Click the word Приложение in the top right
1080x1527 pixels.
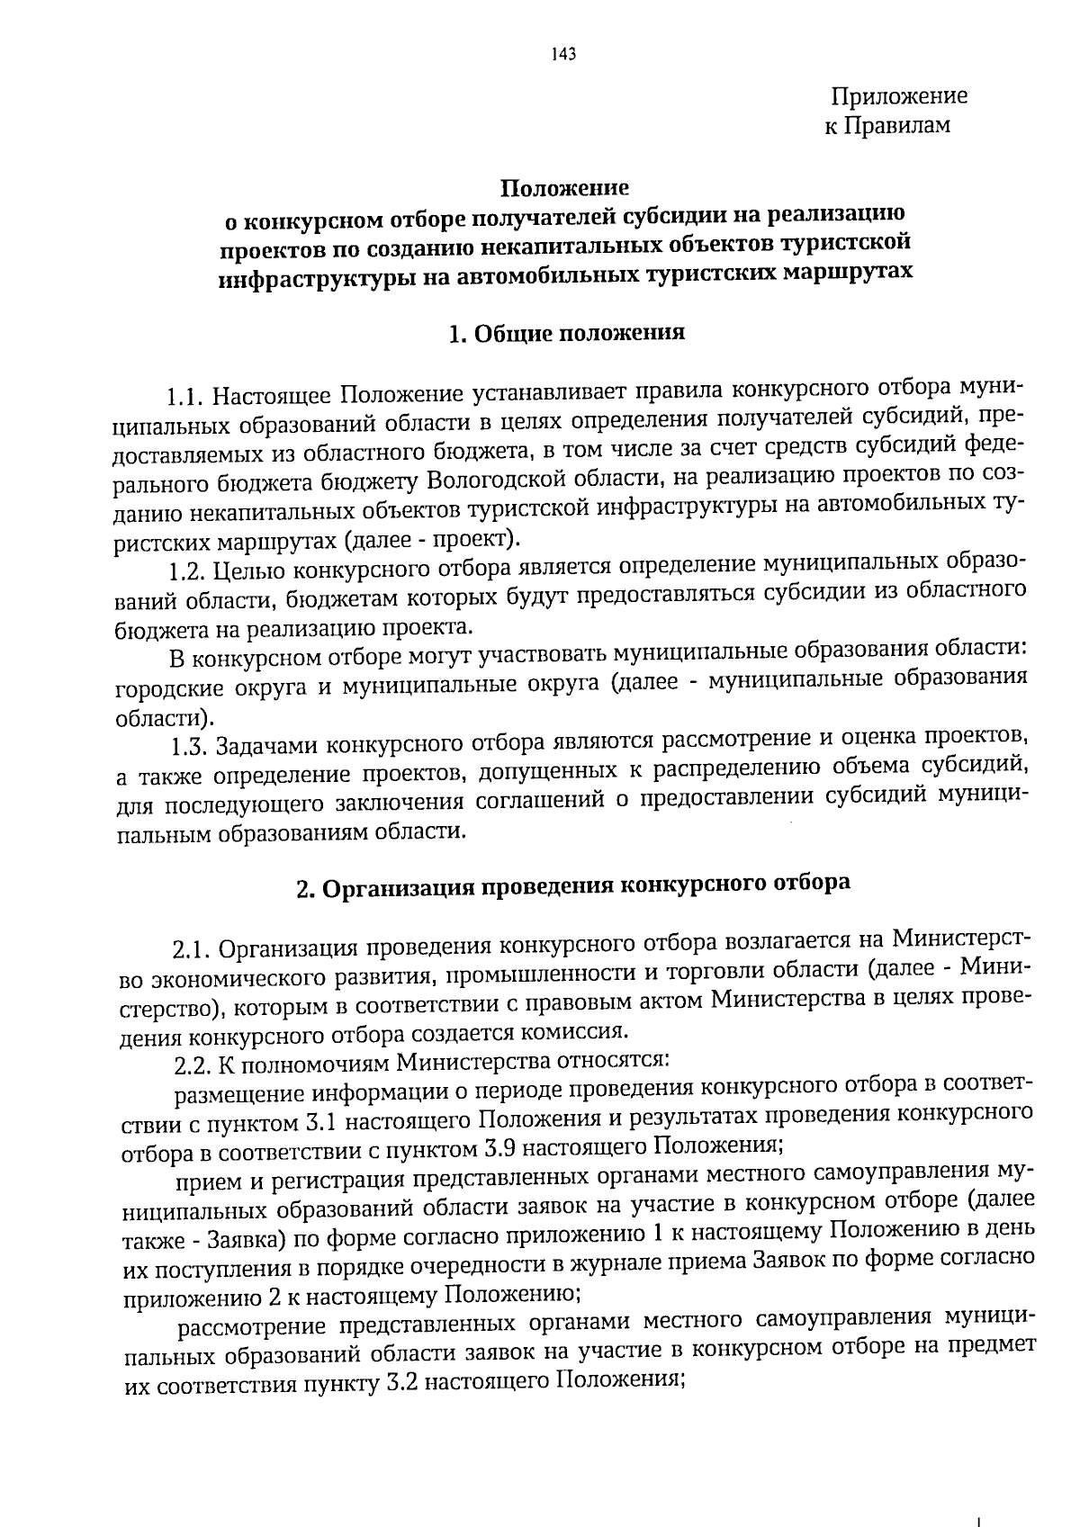point(899,95)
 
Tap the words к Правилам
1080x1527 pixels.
point(886,126)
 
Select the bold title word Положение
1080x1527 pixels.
point(564,188)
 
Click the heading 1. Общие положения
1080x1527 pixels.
point(566,333)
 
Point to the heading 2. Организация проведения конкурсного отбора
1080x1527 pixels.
point(573,885)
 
